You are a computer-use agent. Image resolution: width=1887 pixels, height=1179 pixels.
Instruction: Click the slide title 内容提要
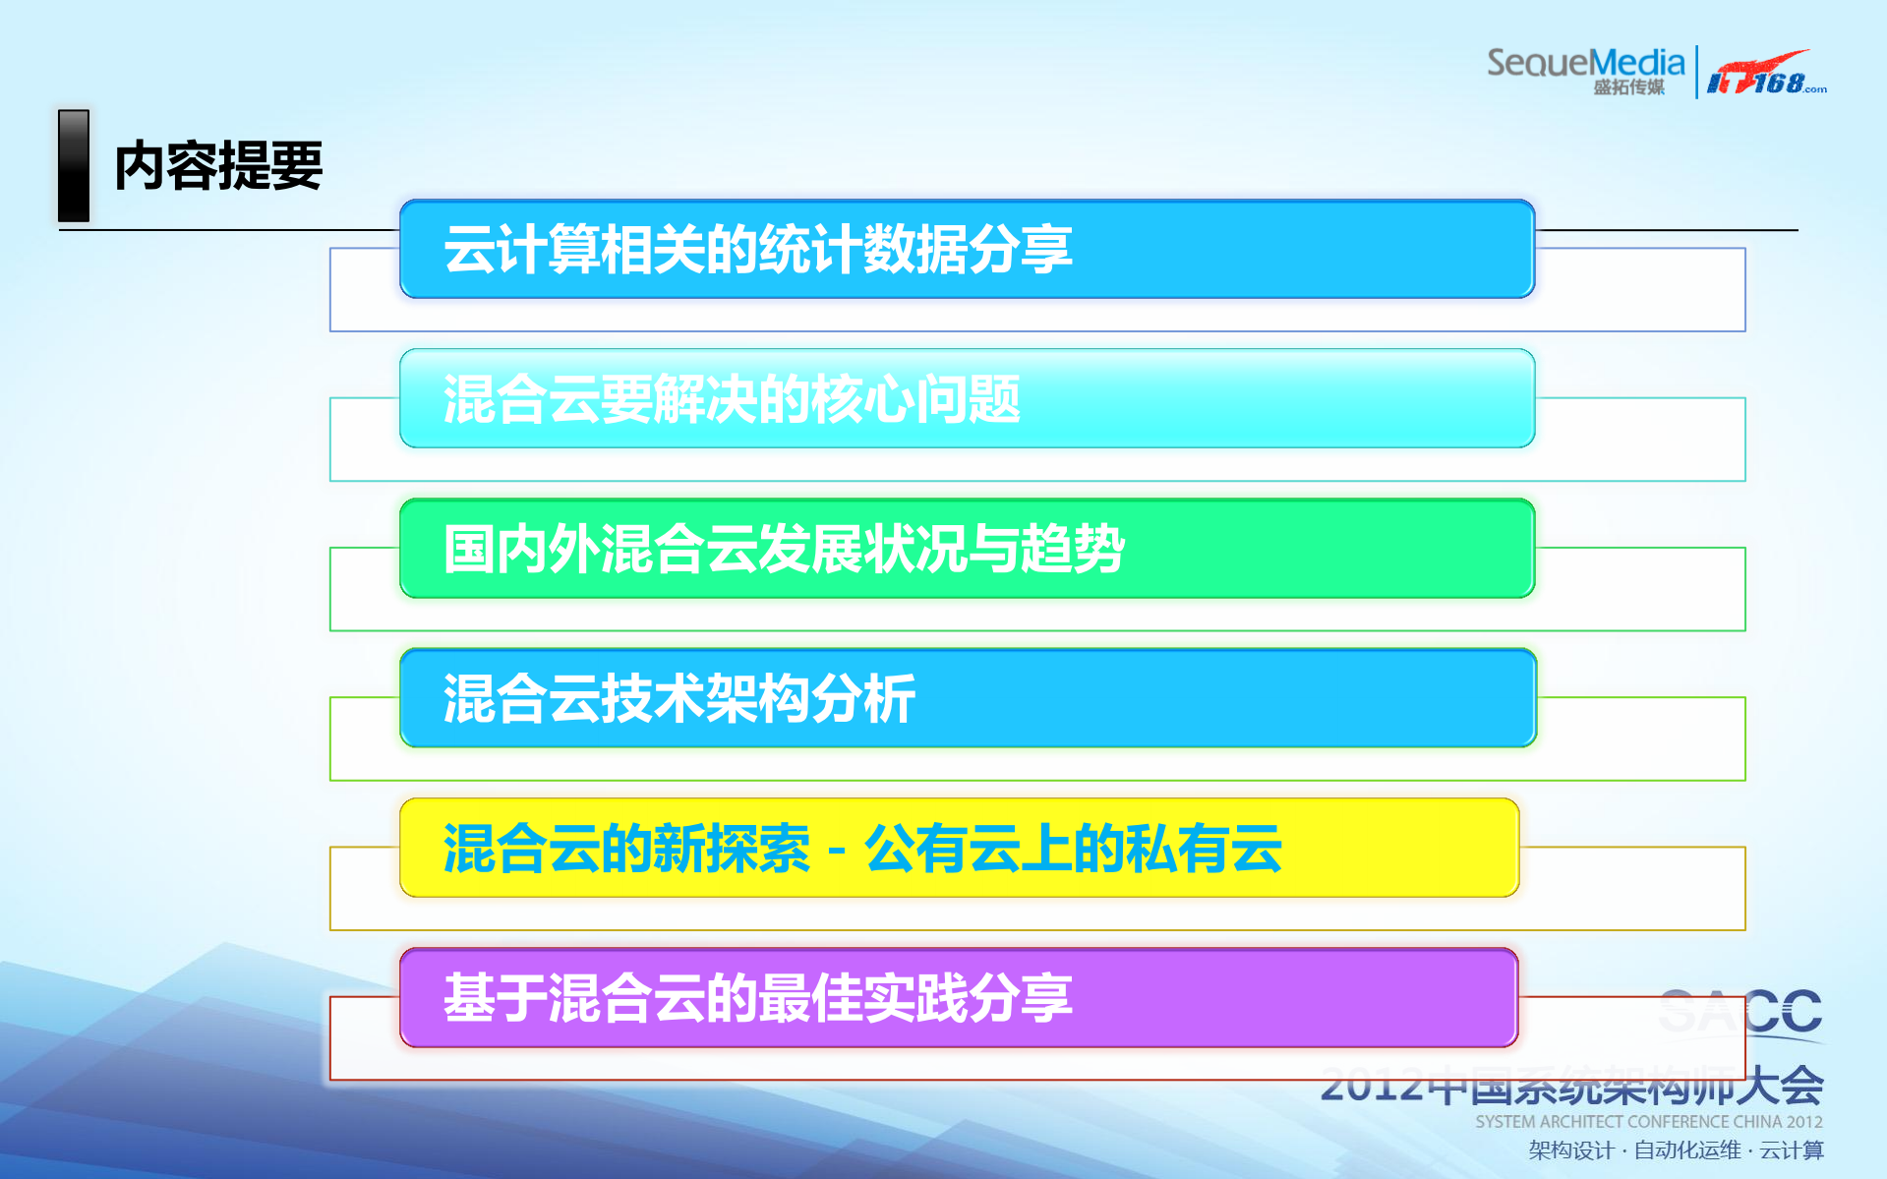pos(218,165)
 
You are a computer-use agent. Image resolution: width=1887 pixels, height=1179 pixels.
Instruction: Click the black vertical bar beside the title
pos(74,165)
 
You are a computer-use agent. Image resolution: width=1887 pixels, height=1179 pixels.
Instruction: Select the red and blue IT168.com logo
pos(1764,74)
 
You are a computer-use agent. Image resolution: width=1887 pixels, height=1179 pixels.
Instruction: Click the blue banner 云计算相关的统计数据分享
pos(967,249)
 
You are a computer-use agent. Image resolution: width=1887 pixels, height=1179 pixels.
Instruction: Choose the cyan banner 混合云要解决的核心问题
pos(967,398)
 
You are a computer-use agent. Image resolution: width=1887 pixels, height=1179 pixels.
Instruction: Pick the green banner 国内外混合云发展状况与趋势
pos(967,549)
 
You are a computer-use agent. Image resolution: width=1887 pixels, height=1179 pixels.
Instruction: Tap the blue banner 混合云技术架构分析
pos(967,698)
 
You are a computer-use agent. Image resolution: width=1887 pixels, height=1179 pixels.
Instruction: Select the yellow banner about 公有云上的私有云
pos(959,848)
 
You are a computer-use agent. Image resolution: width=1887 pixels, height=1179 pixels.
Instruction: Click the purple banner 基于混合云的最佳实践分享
pos(959,997)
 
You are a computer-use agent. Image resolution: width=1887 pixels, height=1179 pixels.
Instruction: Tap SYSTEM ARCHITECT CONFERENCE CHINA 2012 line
pos(1648,1122)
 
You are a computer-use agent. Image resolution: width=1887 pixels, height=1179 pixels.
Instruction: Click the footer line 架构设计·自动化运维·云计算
pos(1676,1150)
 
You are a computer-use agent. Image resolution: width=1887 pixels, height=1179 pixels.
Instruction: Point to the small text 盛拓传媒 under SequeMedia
pos(1628,88)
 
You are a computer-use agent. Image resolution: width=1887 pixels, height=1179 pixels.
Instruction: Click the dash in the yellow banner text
pos(837,850)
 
